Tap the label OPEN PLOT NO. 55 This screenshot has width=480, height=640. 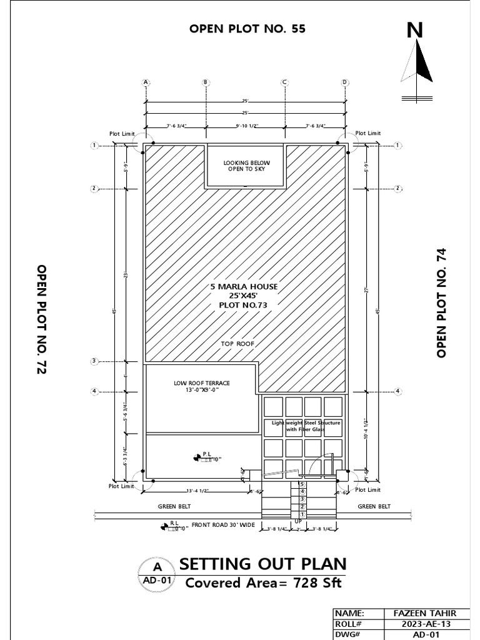click(247, 29)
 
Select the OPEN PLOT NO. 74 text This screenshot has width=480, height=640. click(442, 302)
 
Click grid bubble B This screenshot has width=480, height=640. click(206, 82)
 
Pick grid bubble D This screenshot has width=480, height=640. click(344, 82)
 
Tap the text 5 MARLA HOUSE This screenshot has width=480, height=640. click(244, 287)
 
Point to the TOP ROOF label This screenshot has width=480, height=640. click(237, 344)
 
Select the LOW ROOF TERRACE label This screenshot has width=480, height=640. click(197, 382)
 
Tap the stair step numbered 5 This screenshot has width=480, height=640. click(302, 484)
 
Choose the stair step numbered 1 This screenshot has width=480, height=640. click(302, 514)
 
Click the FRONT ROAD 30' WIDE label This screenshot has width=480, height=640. click(223, 525)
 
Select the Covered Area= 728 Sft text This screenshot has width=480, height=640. click(263, 583)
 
